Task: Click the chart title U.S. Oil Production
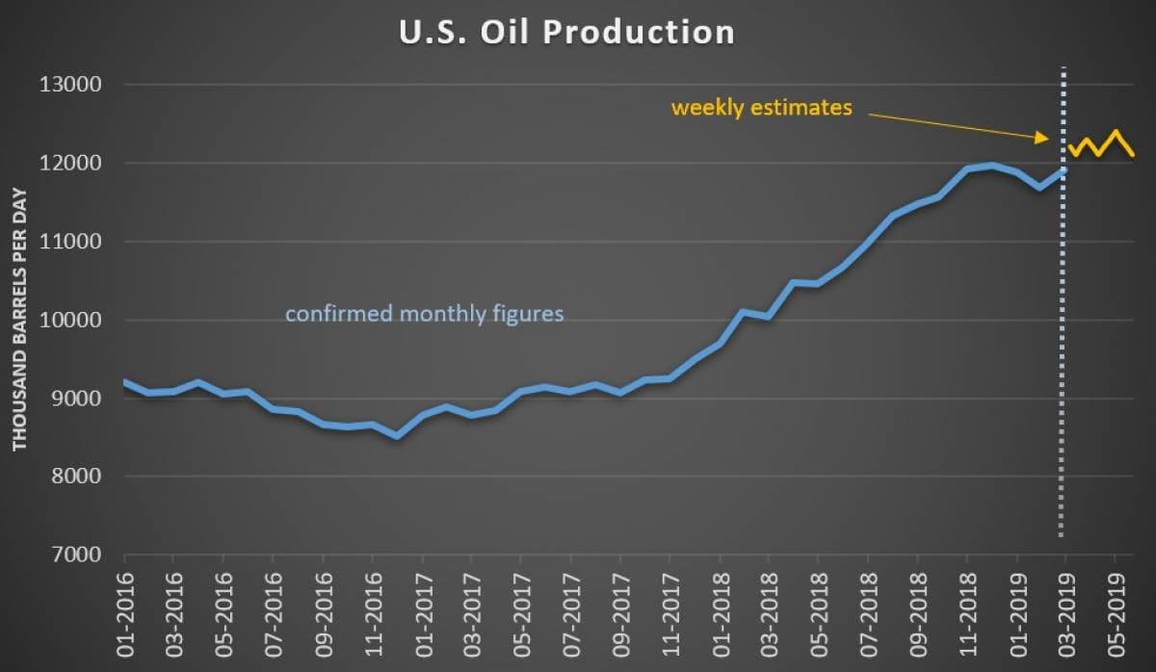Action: (x=566, y=33)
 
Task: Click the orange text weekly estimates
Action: (x=761, y=108)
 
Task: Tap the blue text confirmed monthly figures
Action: (x=424, y=314)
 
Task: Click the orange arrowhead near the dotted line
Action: (x=1043, y=139)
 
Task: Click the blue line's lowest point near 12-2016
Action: (x=397, y=436)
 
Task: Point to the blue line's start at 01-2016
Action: (x=125, y=382)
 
